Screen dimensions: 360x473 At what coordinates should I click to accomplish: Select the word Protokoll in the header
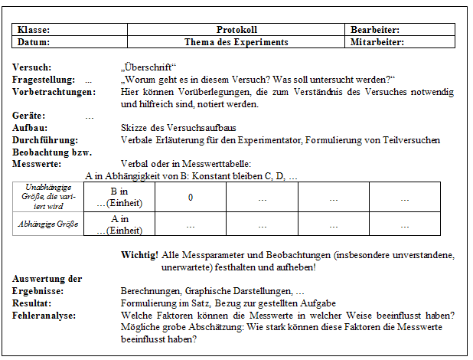[x=236, y=30]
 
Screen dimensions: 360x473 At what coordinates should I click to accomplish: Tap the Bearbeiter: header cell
[x=375, y=30]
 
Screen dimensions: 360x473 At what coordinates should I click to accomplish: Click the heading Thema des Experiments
[x=236, y=42]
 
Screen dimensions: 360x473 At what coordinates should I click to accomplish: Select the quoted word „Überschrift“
[x=148, y=67]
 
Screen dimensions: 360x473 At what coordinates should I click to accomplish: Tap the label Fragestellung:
[x=44, y=80]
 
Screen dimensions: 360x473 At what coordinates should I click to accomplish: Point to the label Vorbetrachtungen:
[x=54, y=92]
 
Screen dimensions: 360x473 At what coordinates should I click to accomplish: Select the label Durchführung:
[x=45, y=140]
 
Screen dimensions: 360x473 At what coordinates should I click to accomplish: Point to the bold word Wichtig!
[x=139, y=254]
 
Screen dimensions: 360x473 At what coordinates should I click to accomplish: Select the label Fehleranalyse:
[x=45, y=316]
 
